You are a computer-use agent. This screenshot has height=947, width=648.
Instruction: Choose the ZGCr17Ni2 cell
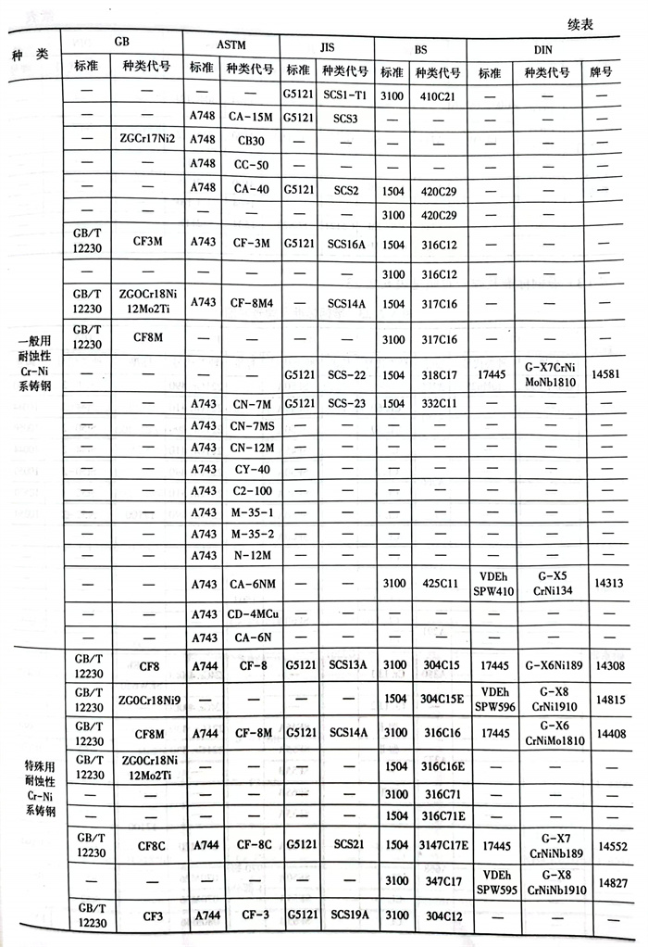click(147, 140)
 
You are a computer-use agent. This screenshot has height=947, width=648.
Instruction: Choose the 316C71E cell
click(443, 815)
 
